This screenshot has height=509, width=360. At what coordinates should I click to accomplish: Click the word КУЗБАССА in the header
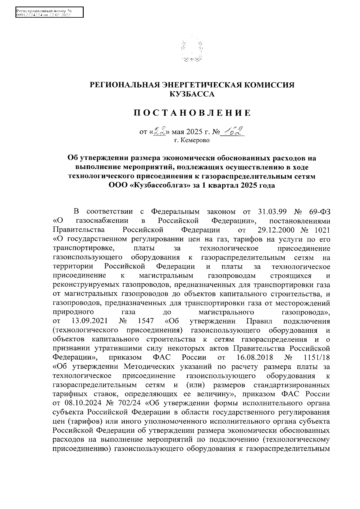pyautogui.click(x=192, y=94)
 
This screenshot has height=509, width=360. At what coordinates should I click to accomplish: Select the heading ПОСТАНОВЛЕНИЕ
pyautogui.click(x=192, y=113)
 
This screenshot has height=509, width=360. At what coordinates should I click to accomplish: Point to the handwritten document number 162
pyautogui.click(x=232, y=131)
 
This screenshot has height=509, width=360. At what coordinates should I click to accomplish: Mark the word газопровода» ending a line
pyautogui.click(x=306, y=312)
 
